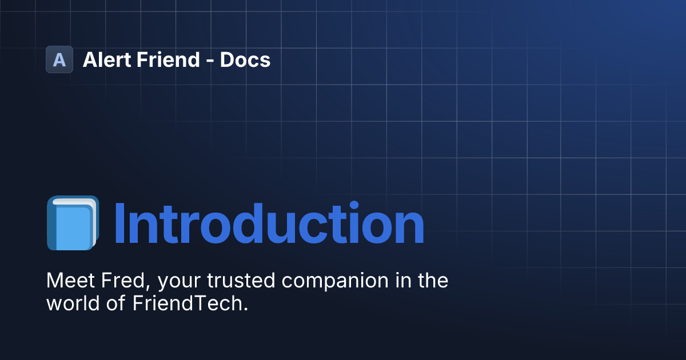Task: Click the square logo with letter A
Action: pyautogui.click(x=59, y=59)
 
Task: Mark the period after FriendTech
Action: pyautogui.click(x=246, y=309)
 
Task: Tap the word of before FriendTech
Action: pyautogui.click(x=114, y=303)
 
